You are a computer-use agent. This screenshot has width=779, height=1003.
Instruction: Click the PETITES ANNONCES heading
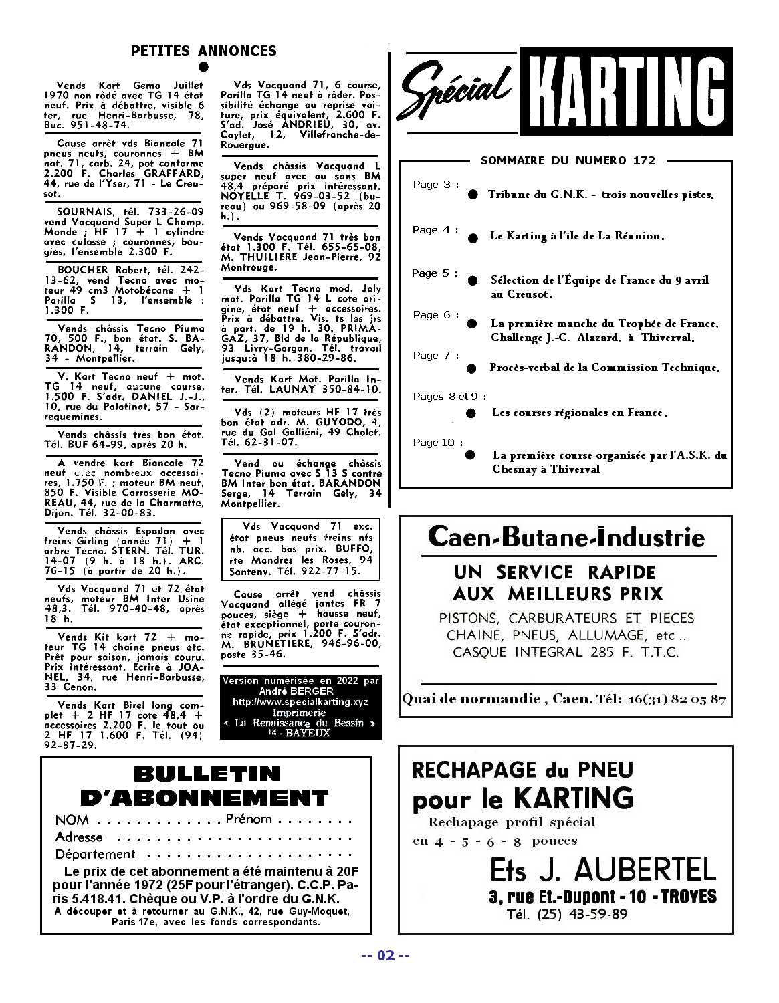[x=203, y=51]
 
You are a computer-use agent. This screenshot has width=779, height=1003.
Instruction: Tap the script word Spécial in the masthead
[x=455, y=92]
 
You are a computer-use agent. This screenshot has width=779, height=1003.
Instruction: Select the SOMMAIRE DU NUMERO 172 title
[x=568, y=160]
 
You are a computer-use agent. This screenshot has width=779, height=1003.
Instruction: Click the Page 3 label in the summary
[x=436, y=185]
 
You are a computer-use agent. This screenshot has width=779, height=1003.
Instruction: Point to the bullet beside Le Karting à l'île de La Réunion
[x=473, y=237]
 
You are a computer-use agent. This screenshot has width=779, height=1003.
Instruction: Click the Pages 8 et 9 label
[x=449, y=397]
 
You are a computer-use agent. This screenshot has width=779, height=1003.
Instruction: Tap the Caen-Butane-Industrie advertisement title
[x=566, y=537]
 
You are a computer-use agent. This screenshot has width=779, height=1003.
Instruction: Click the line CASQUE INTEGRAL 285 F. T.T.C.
[x=566, y=652]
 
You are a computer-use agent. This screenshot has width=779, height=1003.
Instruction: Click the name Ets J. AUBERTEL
[x=602, y=869]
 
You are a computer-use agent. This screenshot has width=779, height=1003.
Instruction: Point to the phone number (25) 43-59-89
[x=582, y=914]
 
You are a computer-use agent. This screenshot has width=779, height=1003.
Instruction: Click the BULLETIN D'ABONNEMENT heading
[x=205, y=786]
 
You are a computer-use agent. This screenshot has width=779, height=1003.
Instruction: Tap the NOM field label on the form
[x=72, y=820]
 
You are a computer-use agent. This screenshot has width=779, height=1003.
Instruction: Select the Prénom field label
[x=249, y=819]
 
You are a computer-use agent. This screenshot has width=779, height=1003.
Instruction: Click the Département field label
[x=95, y=855]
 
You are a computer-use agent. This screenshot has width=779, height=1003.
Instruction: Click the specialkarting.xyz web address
[x=300, y=702]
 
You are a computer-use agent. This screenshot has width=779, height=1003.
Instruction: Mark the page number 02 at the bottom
[x=385, y=955]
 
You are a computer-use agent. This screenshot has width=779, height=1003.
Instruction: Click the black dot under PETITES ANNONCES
[x=203, y=67]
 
